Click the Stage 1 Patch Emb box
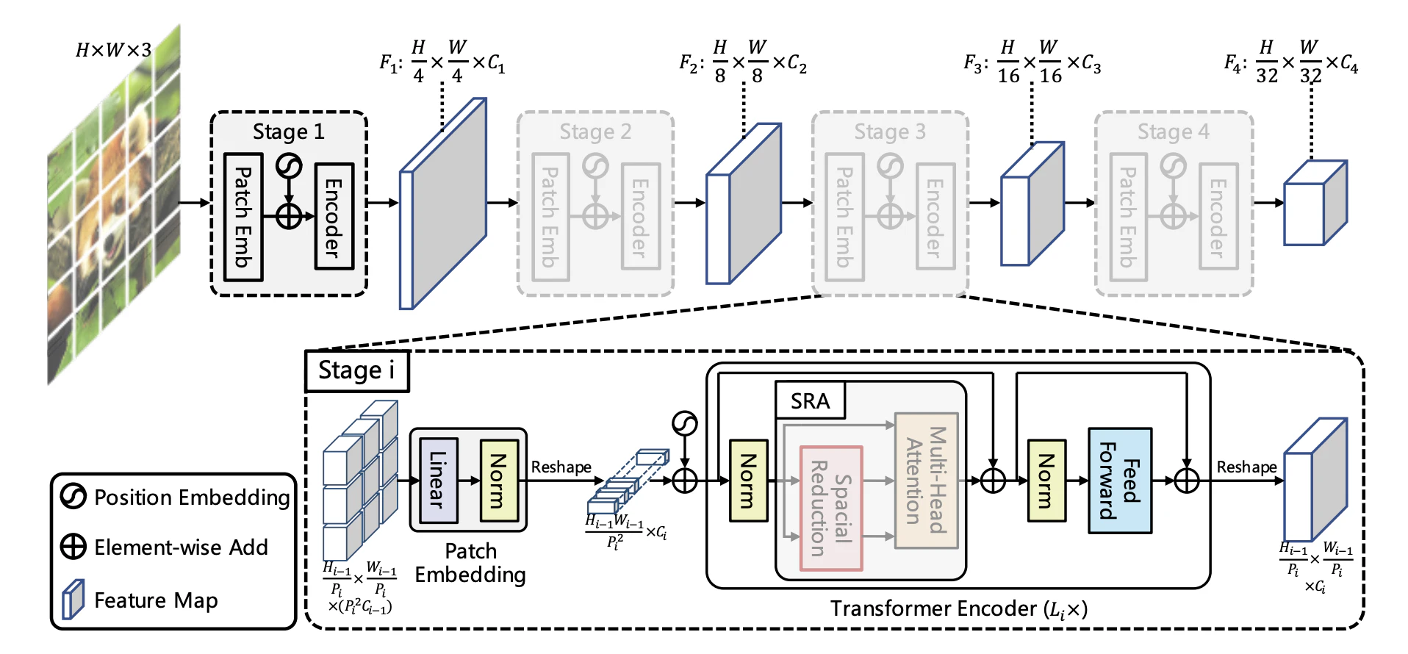point(243,217)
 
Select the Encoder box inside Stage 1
point(334,217)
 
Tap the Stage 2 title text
point(595,132)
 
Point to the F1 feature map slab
point(443,204)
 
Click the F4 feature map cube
point(1315,204)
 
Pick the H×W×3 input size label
point(113,50)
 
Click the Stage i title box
point(356,371)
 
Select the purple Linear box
point(438,480)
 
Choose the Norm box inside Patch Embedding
point(499,480)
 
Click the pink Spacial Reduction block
point(830,508)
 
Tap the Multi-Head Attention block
point(926,481)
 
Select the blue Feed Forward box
point(1120,481)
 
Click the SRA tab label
point(810,400)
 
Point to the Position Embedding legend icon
point(73,497)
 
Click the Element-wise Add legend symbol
point(73,547)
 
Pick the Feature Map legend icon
point(73,600)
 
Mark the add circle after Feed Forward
point(1187,481)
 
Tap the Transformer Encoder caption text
point(958,608)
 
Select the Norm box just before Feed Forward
point(1046,481)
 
